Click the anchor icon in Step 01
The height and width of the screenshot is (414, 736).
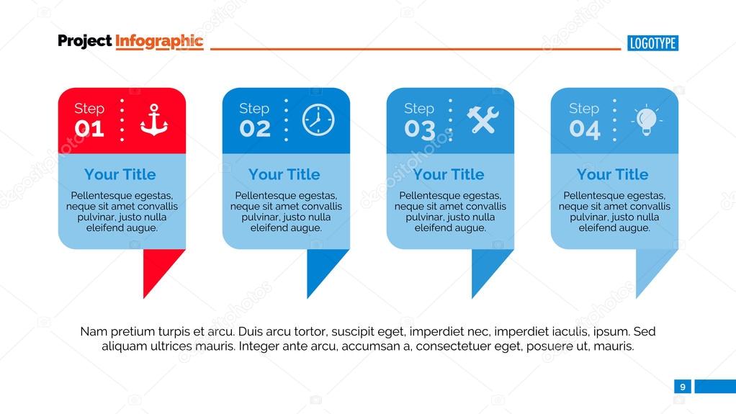coord(154,120)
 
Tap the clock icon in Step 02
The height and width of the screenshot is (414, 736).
coord(318,120)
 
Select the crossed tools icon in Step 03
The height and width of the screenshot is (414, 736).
coord(483,120)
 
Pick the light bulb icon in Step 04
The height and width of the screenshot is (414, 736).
coord(646,120)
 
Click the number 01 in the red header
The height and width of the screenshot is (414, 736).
coord(89,130)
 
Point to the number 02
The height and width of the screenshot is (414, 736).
coord(255,130)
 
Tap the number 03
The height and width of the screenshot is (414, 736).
coord(419,130)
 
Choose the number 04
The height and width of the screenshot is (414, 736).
coord(584,130)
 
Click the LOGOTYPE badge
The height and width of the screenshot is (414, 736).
coord(652,43)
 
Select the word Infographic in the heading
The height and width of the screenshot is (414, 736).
coord(159,41)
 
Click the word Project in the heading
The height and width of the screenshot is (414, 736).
coord(84,41)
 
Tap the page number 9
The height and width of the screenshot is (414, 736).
coord(682,387)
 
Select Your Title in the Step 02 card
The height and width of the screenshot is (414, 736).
coord(284,174)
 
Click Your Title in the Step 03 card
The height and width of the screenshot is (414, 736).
coord(449,174)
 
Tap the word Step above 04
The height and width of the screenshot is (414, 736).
coord(583,109)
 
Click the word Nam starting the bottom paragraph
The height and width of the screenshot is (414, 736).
coord(93,332)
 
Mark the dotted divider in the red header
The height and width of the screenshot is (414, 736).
coord(122,120)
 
